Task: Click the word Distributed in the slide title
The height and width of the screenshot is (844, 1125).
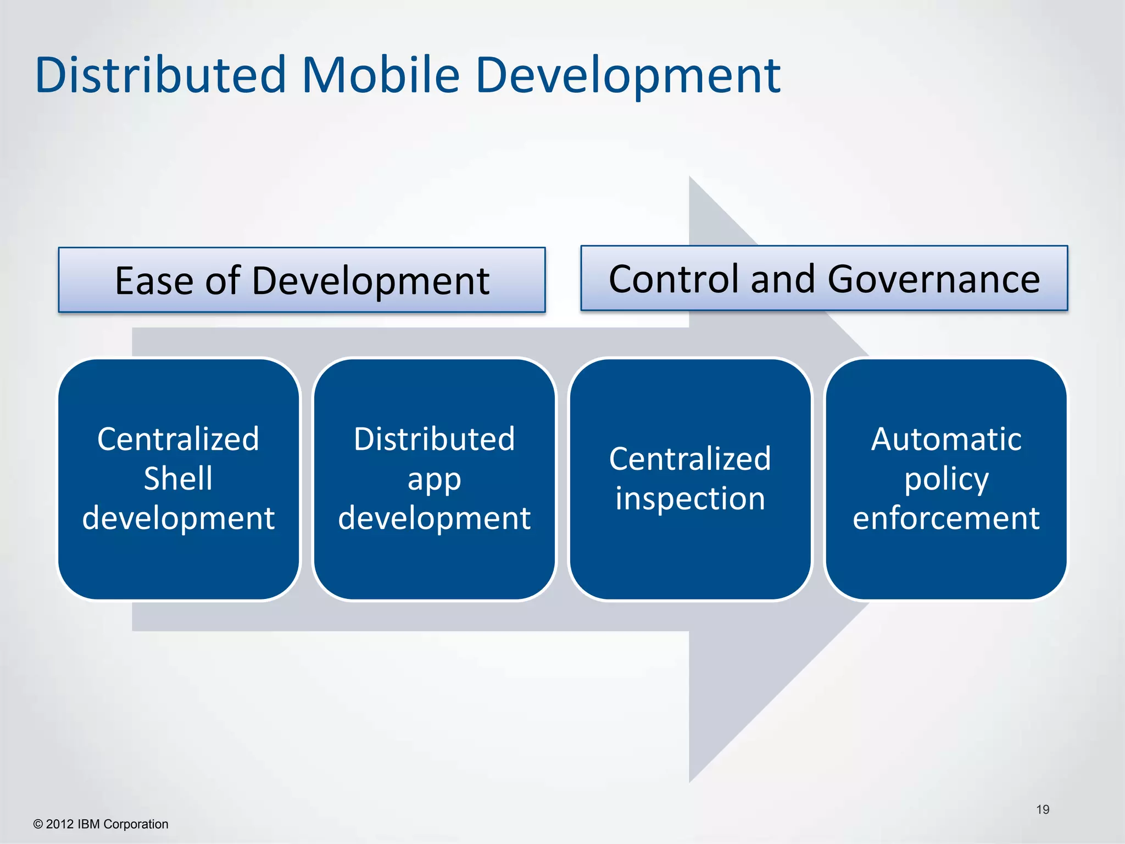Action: pyautogui.click(x=160, y=75)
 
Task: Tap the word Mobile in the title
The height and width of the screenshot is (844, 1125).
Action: pyautogui.click(x=380, y=75)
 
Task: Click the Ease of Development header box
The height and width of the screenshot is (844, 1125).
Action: pyautogui.click(x=302, y=280)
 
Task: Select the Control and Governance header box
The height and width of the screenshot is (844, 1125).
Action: pyautogui.click(x=824, y=279)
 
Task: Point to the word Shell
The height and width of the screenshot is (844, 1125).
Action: pyautogui.click(x=178, y=478)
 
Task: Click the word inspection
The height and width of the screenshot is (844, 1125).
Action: pyautogui.click(x=690, y=498)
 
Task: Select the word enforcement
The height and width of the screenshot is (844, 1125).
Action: pyautogui.click(x=946, y=518)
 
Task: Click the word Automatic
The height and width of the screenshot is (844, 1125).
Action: pyautogui.click(x=946, y=439)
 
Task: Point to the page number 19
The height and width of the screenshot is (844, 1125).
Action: pyautogui.click(x=1042, y=809)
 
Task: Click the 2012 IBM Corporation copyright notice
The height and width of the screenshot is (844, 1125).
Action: pyautogui.click(x=101, y=824)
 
